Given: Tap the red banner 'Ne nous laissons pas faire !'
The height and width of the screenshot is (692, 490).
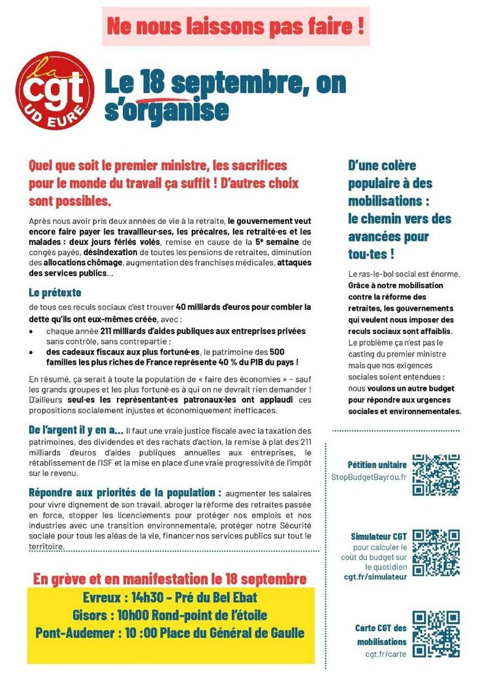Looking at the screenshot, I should click(x=236, y=26).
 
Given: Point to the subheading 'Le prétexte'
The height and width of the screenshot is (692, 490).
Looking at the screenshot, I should click(x=55, y=292).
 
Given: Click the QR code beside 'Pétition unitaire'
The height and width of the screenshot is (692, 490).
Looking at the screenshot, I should click(x=435, y=474).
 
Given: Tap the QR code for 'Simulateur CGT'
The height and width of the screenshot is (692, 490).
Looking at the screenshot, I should click(x=435, y=553).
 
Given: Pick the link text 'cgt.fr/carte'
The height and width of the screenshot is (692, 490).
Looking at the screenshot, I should click(x=385, y=653).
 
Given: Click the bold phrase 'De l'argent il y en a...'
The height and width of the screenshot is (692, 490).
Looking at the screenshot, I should click(x=76, y=430).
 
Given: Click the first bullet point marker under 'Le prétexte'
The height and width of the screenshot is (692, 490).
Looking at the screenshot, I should click(x=32, y=331).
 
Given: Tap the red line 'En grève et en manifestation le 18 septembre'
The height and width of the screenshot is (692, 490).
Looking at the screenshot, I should click(x=170, y=578).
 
